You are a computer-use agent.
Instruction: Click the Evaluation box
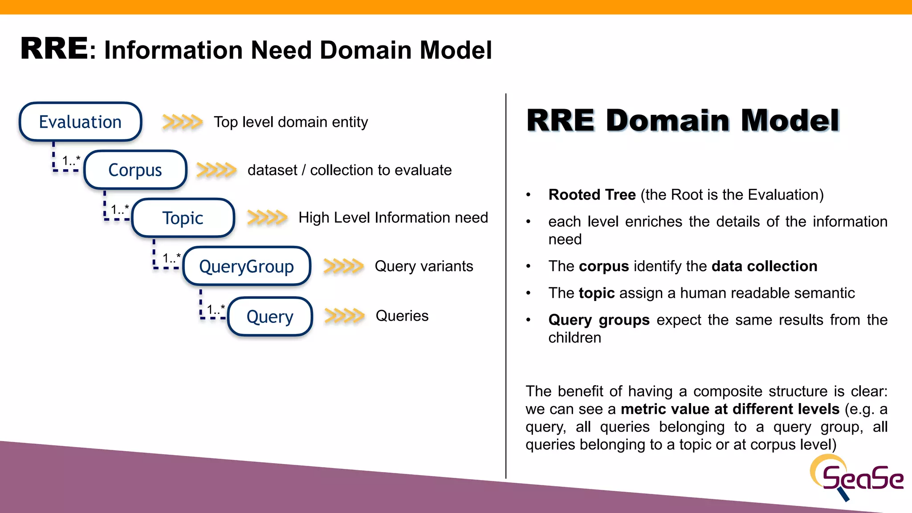coord(80,122)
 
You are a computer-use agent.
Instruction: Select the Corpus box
coord(135,170)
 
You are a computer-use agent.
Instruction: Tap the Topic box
coord(183,218)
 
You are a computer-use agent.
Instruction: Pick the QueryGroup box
coord(246,266)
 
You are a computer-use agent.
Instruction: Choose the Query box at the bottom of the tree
coord(270,317)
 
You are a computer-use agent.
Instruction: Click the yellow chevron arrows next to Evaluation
coord(182,122)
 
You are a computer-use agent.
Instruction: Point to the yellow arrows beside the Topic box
coord(267,217)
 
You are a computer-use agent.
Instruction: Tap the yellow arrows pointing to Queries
coord(344,316)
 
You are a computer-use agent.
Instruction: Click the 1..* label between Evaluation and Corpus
coord(71,160)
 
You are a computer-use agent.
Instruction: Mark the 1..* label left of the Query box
coord(216,309)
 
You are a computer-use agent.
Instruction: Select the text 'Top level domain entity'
coord(291,122)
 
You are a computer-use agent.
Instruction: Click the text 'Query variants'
coord(423,266)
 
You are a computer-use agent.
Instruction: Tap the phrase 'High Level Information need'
coord(393,217)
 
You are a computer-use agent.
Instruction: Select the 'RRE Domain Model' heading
coord(683,120)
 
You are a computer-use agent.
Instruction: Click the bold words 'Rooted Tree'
coord(592,195)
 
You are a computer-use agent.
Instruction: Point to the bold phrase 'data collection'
coord(764,266)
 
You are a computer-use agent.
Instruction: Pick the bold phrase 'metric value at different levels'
coord(730,409)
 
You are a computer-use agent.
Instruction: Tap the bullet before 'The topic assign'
coord(529,293)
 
